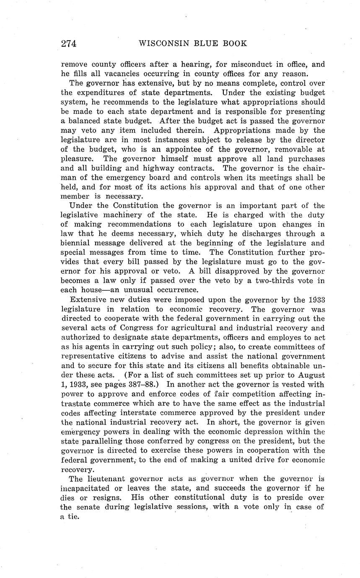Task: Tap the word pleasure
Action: [77, 159]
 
